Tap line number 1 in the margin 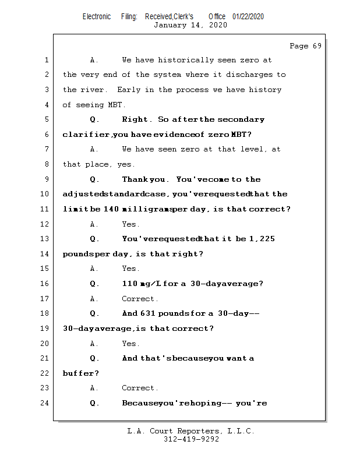pos(45,60)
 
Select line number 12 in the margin pos(45,224)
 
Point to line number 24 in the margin pos(45,403)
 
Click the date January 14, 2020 pos(190,25)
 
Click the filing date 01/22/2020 pos(248,16)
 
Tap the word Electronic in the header pos(97,16)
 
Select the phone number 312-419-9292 pos(191,439)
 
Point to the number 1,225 pos(261,239)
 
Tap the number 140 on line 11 pos(111,209)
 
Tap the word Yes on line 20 pos(130,343)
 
